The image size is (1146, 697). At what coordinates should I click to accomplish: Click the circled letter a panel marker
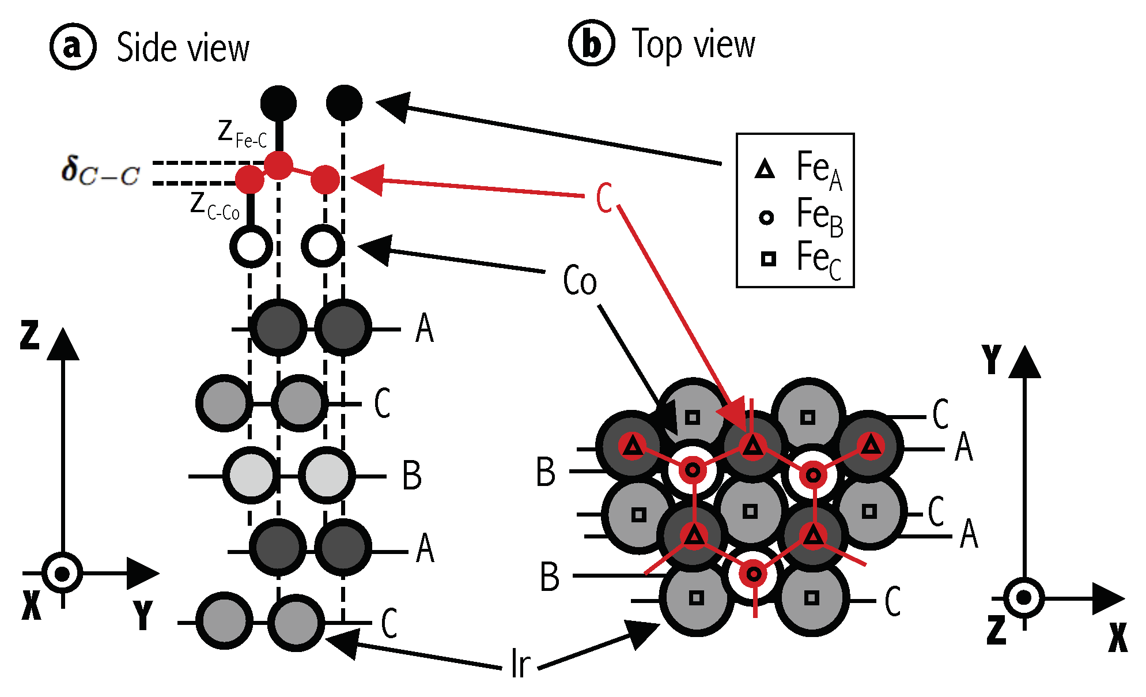point(73,47)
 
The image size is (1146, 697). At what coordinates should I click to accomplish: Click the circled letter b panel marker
point(591,43)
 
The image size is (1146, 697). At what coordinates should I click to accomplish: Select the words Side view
point(183,47)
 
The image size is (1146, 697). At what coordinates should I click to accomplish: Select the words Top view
point(693,44)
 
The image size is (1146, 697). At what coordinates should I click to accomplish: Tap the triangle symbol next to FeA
point(765,169)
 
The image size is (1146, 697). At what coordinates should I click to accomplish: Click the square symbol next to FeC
point(768,259)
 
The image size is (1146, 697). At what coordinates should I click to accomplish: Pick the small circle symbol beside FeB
point(766,217)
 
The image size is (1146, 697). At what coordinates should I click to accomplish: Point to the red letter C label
point(604,198)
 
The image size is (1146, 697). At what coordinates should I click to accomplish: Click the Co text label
point(580,281)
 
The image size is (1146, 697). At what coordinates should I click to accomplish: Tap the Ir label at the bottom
point(520,664)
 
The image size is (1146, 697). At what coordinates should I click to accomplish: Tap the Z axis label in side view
point(29,336)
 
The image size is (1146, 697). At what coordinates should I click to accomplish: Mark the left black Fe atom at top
point(278,103)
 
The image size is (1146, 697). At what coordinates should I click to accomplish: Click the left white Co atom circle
point(251,246)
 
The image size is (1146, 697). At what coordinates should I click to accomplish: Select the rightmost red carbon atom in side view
point(325,179)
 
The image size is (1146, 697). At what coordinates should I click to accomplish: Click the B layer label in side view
point(411,476)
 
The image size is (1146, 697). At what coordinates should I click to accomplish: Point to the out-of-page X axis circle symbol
point(62,574)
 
